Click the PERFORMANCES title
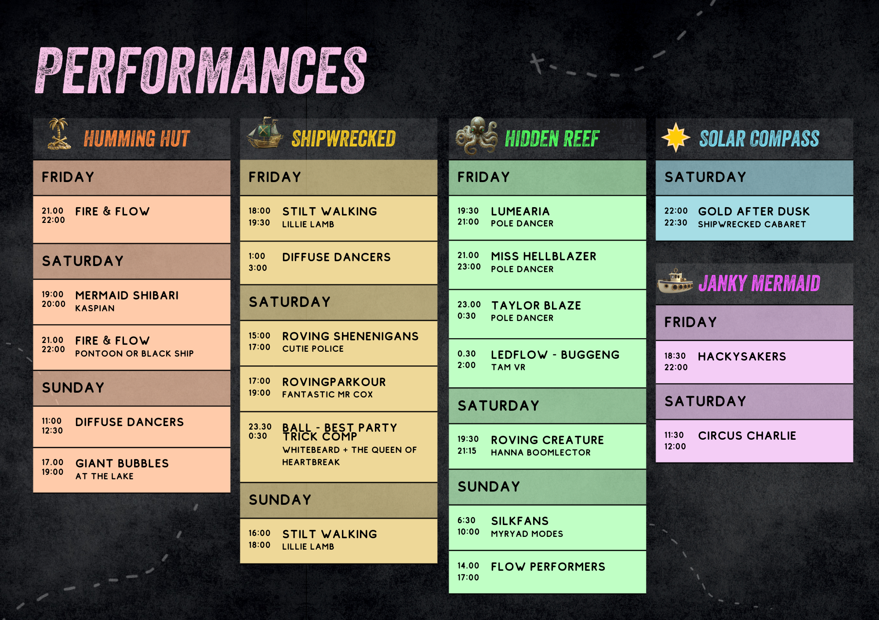[x=201, y=70]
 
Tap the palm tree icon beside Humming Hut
[x=59, y=134]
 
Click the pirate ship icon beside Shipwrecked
[x=265, y=133]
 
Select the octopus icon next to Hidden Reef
[x=476, y=135]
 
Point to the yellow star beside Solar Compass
[x=676, y=137]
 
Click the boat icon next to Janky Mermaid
[x=675, y=281]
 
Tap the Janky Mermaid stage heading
[x=759, y=283]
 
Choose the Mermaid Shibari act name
[x=127, y=295]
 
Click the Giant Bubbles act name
[x=122, y=463]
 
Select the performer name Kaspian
[x=95, y=308]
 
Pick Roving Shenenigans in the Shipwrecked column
[x=350, y=336]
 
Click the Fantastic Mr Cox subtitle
[x=327, y=394]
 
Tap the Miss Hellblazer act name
[x=544, y=256]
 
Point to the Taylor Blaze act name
[x=536, y=306]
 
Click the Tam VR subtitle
[x=508, y=367]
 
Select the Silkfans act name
[x=520, y=521]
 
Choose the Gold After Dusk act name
[x=754, y=212]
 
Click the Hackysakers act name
[x=742, y=357]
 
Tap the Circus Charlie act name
[x=747, y=436]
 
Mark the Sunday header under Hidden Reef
[x=489, y=487]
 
